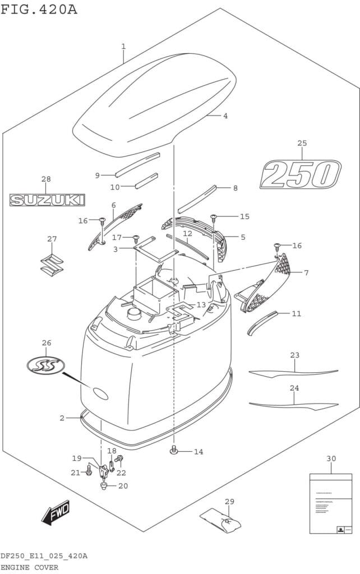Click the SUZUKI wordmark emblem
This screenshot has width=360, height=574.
[x=47, y=200]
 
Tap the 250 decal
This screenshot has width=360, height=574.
[x=301, y=175]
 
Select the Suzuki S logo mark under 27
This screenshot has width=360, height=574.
[x=52, y=263]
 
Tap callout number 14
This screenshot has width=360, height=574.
[x=199, y=451]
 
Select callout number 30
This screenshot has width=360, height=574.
[x=331, y=459]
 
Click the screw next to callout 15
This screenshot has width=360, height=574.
[x=214, y=217]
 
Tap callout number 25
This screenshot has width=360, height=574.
[x=302, y=143]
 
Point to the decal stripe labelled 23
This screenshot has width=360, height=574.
[x=293, y=372]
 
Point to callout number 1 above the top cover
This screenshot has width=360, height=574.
[x=123, y=46]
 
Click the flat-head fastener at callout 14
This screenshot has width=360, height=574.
[x=174, y=450]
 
